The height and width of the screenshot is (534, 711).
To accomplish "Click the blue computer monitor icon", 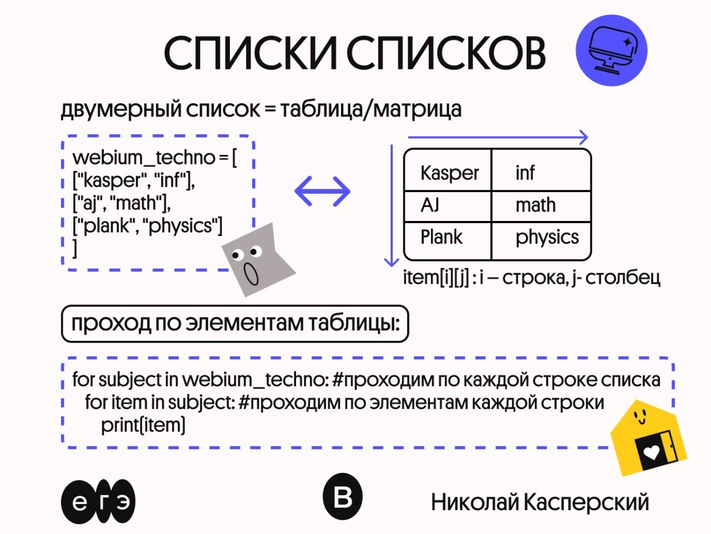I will [x=612, y=51].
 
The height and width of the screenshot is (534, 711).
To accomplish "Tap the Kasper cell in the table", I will [x=448, y=172].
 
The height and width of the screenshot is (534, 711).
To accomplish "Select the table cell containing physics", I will [x=547, y=238].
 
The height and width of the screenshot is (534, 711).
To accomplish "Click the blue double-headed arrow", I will [x=323, y=192].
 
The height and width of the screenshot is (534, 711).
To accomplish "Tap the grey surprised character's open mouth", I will [x=252, y=274].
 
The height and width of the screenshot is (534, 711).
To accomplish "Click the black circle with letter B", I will [x=342, y=497].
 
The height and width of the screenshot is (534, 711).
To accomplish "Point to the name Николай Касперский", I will [x=539, y=502].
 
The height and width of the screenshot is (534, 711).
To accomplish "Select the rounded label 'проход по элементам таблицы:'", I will [x=235, y=324].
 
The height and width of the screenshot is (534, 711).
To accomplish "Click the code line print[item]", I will [x=143, y=425].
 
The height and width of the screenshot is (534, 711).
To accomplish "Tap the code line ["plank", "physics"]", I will [x=148, y=226].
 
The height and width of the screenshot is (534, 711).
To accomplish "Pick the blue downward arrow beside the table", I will [x=392, y=206].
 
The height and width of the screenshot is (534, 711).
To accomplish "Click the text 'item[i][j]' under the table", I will [x=436, y=277].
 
